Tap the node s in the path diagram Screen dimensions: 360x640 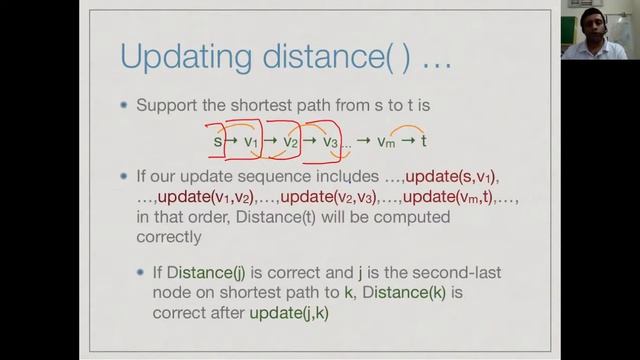pos(217,141)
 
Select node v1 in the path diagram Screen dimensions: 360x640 pos(251,142)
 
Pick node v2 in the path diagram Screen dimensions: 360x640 pos(290,142)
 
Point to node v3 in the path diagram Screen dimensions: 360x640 pos(330,142)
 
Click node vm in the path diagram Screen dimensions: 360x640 pos(386,142)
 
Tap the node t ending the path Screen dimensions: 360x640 pos(424,141)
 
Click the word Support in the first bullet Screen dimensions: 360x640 pos(169,104)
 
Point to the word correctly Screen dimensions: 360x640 pos(168,239)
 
